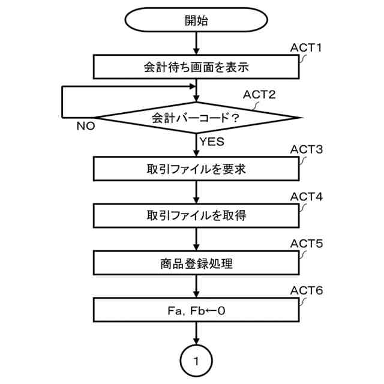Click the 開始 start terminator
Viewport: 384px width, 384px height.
196,20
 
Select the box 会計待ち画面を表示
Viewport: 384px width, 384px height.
196,67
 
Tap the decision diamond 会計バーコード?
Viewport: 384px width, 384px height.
196,118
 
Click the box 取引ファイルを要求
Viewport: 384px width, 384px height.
196,169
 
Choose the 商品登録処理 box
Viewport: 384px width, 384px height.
196,262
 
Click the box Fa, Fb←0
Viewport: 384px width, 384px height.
196,310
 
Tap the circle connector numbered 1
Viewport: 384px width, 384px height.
196,361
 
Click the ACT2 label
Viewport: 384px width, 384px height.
259,95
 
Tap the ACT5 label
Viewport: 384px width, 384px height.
307,244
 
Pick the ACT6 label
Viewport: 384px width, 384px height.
307,291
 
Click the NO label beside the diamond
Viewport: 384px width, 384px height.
86,127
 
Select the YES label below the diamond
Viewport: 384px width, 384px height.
211,142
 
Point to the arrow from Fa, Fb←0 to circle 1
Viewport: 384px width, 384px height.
196,334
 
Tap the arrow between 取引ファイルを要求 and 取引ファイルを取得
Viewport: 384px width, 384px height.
196,193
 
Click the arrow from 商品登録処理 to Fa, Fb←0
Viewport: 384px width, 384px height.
196,286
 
